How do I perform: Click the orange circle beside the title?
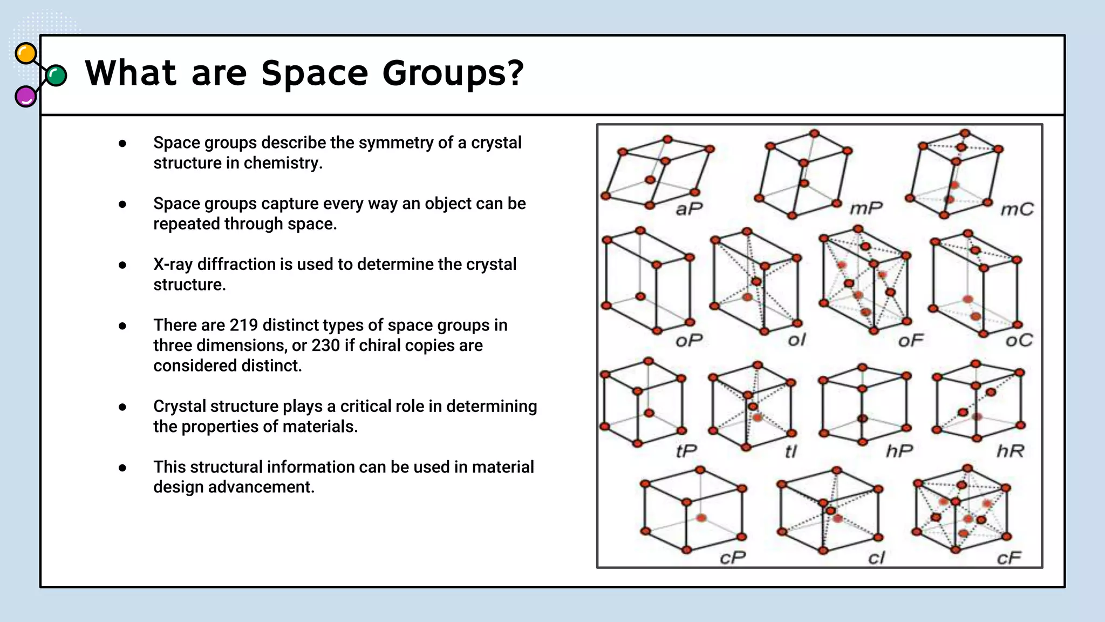pos(26,54)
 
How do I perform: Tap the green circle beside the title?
pos(56,76)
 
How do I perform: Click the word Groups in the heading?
pos(453,73)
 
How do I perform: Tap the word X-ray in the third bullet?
pos(173,265)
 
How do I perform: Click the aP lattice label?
pos(689,208)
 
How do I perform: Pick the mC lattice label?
pos(1017,209)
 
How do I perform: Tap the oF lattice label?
pos(911,341)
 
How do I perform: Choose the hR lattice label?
pos(1010,450)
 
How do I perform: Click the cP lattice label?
pos(733,557)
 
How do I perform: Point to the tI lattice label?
pos(790,451)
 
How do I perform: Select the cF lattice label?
pos(1008,558)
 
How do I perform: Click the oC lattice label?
pos(1019,340)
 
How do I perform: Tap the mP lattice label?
pos(866,208)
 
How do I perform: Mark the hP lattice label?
pos(899,450)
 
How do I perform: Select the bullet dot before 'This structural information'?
pos(122,468)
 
